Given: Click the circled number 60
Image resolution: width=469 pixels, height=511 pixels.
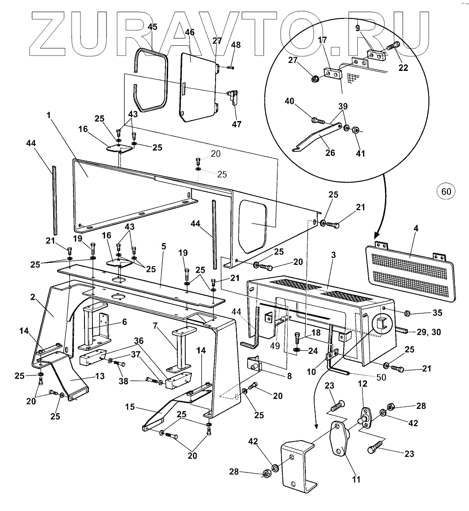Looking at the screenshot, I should coord(446,191).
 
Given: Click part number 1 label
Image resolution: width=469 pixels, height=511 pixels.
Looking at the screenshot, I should coord(49,114).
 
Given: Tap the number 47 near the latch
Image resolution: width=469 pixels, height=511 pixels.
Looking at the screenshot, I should coord(237,124).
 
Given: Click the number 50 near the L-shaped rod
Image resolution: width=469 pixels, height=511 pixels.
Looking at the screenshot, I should coord(381,377).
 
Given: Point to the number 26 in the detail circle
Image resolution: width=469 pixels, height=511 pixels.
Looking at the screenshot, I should coord(330,152).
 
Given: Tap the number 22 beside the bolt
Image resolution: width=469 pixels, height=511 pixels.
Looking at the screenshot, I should coord(403,68).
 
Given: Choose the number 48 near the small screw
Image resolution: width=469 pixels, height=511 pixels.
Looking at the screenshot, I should coord(236,45).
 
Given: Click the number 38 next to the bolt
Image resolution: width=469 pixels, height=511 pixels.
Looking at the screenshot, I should coord(123,381).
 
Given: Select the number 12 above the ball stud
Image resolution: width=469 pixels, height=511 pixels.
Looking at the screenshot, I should coord(362,384).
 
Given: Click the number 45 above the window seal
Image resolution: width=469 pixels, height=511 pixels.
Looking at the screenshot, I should coord(152,27).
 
